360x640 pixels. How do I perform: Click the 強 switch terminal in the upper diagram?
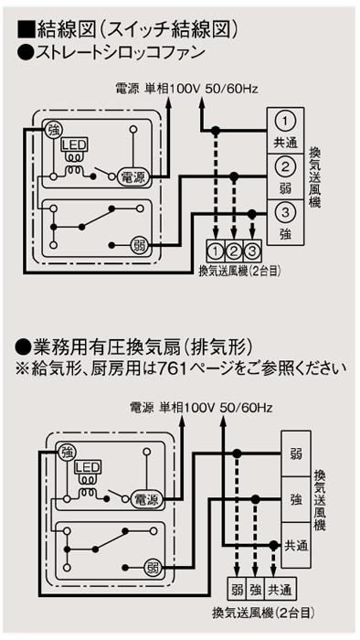(x=53, y=130)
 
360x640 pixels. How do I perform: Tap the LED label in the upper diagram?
(x=74, y=144)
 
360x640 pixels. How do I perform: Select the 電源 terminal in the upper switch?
(x=133, y=176)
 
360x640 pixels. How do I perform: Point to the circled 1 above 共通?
(x=285, y=122)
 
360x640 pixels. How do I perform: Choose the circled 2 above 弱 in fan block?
(x=285, y=167)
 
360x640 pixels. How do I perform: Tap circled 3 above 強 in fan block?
(x=285, y=213)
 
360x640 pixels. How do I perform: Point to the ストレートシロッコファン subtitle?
(x=121, y=52)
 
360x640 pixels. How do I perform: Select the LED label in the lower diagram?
(x=87, y=467)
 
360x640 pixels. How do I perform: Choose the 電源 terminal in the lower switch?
(x=146, y=499)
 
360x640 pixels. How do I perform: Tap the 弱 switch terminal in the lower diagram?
(x=153, y=568)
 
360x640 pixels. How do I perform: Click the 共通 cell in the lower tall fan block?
(x=296, y=545)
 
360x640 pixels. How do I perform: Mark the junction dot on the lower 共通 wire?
(x=274, y=545)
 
